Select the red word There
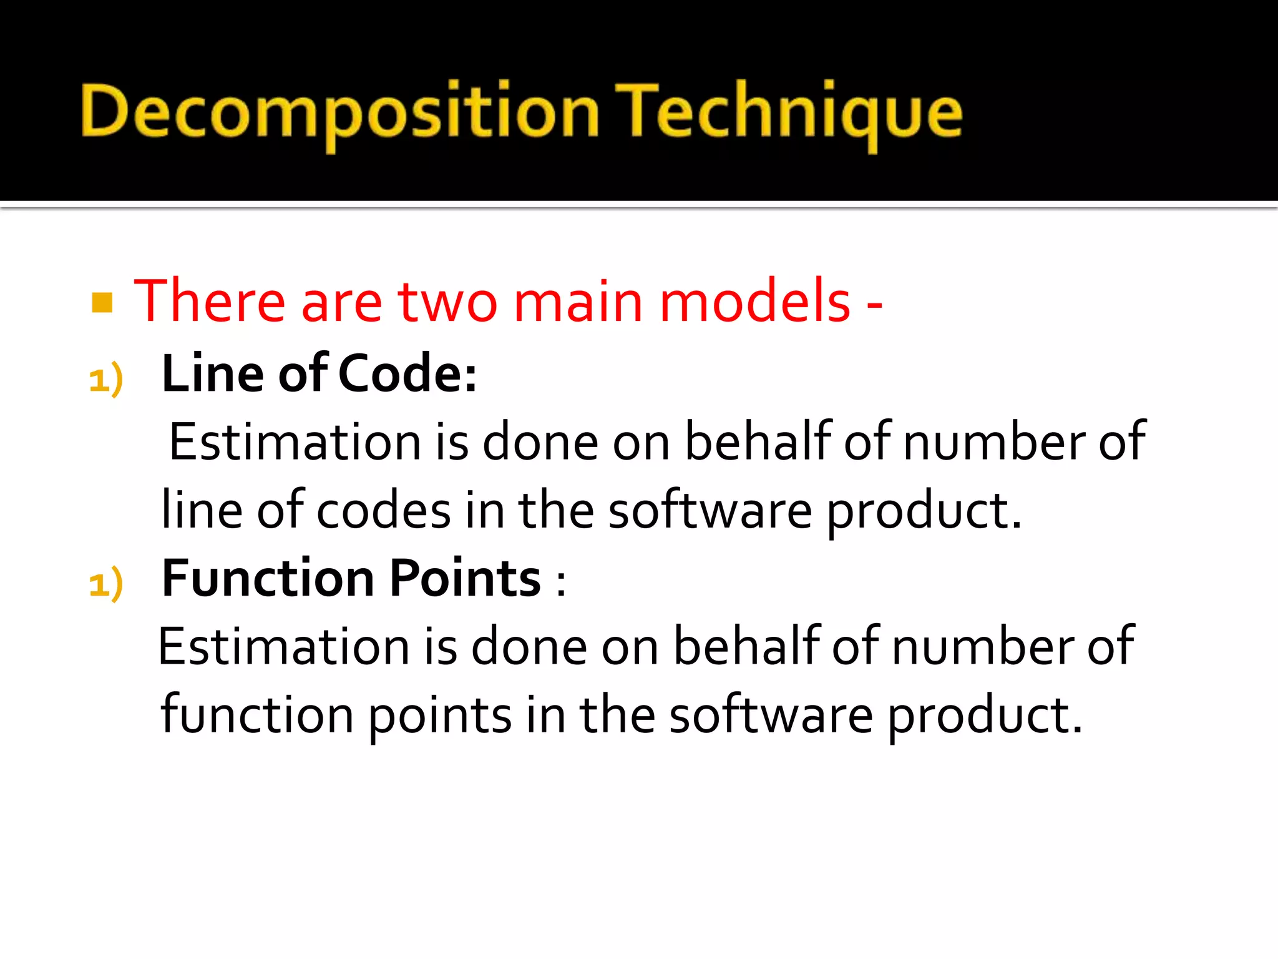coord(209,301)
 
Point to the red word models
coord(754,301)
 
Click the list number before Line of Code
coord(106,380)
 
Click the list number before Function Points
coord(106,584)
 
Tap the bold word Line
coord(212,373)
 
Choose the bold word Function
coord(268,578)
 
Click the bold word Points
coord(465,578)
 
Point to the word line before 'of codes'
coord(202,509)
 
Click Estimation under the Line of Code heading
coord(295,442)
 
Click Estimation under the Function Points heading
coord(283,647)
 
